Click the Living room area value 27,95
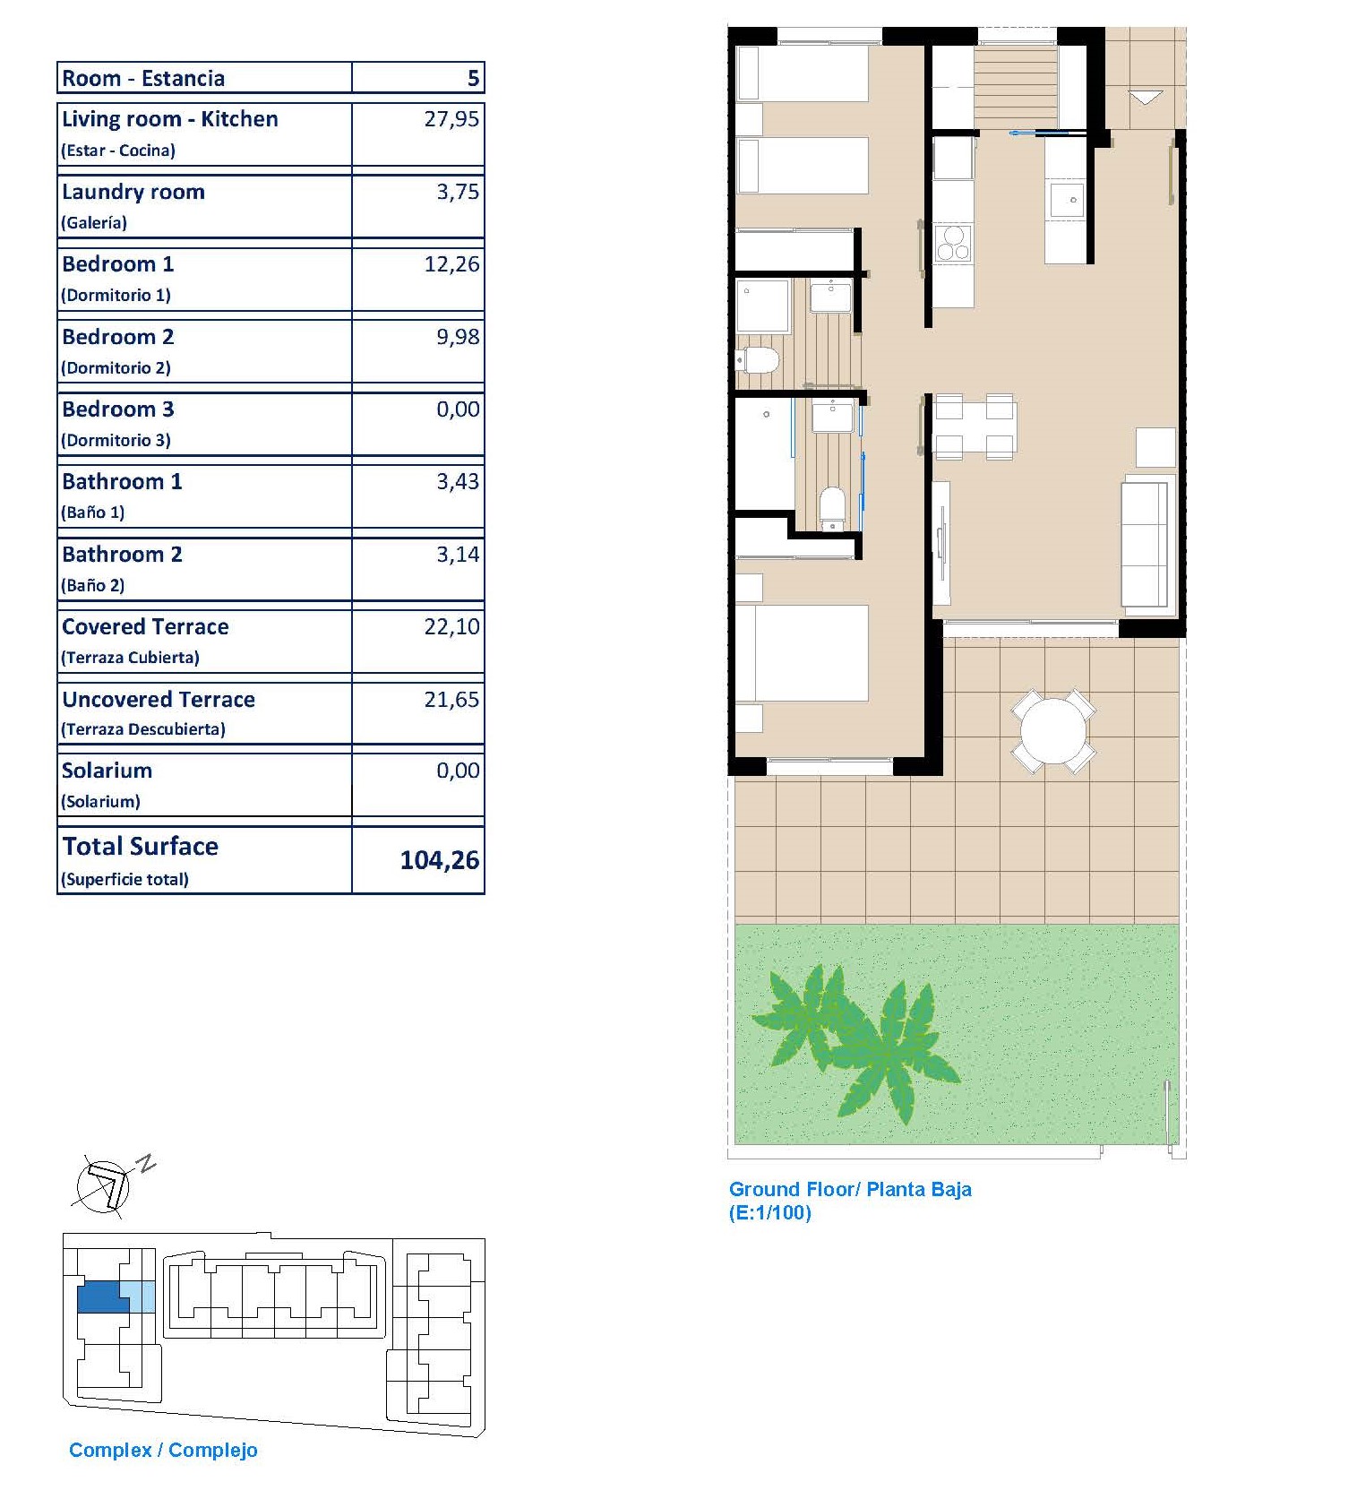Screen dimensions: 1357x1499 click(451, 119)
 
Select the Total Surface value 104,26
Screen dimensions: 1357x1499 click(440, 860)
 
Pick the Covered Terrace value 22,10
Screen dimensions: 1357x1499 click(451, 626)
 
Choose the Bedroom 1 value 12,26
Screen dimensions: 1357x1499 click(451, 264)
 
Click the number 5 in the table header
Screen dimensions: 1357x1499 click(473, 78)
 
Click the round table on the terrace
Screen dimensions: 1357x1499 click(1052, 730)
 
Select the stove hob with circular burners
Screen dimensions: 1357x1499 click(952, 243)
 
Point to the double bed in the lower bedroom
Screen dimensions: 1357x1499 click(803, 653)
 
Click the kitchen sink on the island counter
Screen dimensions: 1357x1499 click(1068, 201)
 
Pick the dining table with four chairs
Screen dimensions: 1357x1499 click(975, 426)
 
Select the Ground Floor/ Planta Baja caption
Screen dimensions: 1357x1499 click(850, 1189)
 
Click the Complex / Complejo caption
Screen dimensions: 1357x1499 click(163, 1450)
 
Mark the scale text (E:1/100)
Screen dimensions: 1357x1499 click(770, 1213)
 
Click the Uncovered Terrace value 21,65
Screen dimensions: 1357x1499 click(451, 699)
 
